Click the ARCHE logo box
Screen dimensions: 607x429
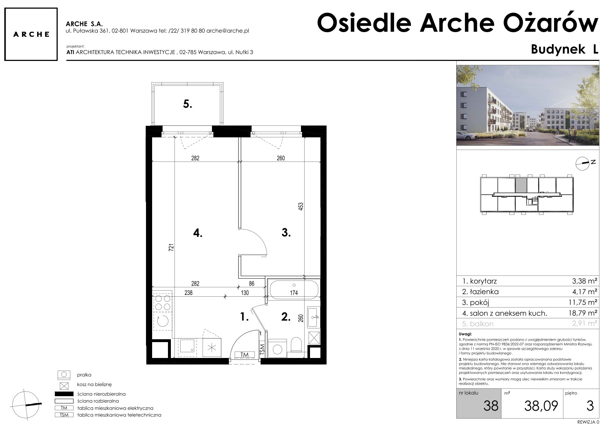pyautogui.click(x=31, y=34)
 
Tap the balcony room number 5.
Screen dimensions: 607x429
pyautogui.click(x=187, y=104)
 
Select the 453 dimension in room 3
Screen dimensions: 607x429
pyautogui.click(x=301, y=207)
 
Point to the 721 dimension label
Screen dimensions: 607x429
pyautogui.click(x=171, y=248)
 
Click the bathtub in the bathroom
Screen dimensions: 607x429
pyautogui.click(x=294, y=289)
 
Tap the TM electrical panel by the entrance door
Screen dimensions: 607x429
pyautogui.click(x=244, y=354)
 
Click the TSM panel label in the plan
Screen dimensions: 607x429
pyautogui.click(x=262, y=349)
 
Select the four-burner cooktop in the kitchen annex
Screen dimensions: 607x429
pyautogui.click(x=163, y=303)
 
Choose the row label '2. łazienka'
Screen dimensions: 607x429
pyautogui.click(x=480, y=292)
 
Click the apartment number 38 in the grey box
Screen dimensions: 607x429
pyautogui.click(x=491, y=406)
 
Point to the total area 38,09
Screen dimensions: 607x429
pyautogui.click(x=541, y=406)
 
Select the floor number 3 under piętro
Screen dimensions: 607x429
pyautogui.click(x=590, y=406)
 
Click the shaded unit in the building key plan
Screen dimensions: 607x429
pyautogui.click(x=521, y=185)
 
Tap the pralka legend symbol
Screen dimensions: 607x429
pyautogui.click(x=64, y=375)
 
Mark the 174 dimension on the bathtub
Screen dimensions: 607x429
pyautogui.click(x=294, y=293)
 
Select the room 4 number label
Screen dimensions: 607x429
pyautogui.click(x=198, y=233)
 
